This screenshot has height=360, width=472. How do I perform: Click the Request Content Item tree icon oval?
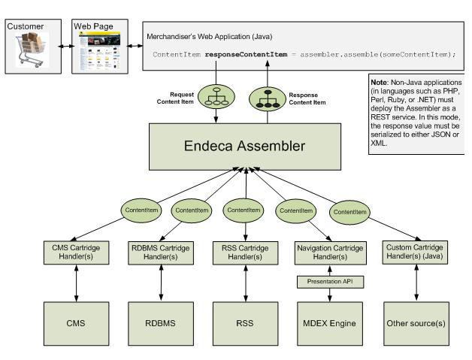216,96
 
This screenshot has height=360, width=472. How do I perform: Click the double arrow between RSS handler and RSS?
240,283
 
